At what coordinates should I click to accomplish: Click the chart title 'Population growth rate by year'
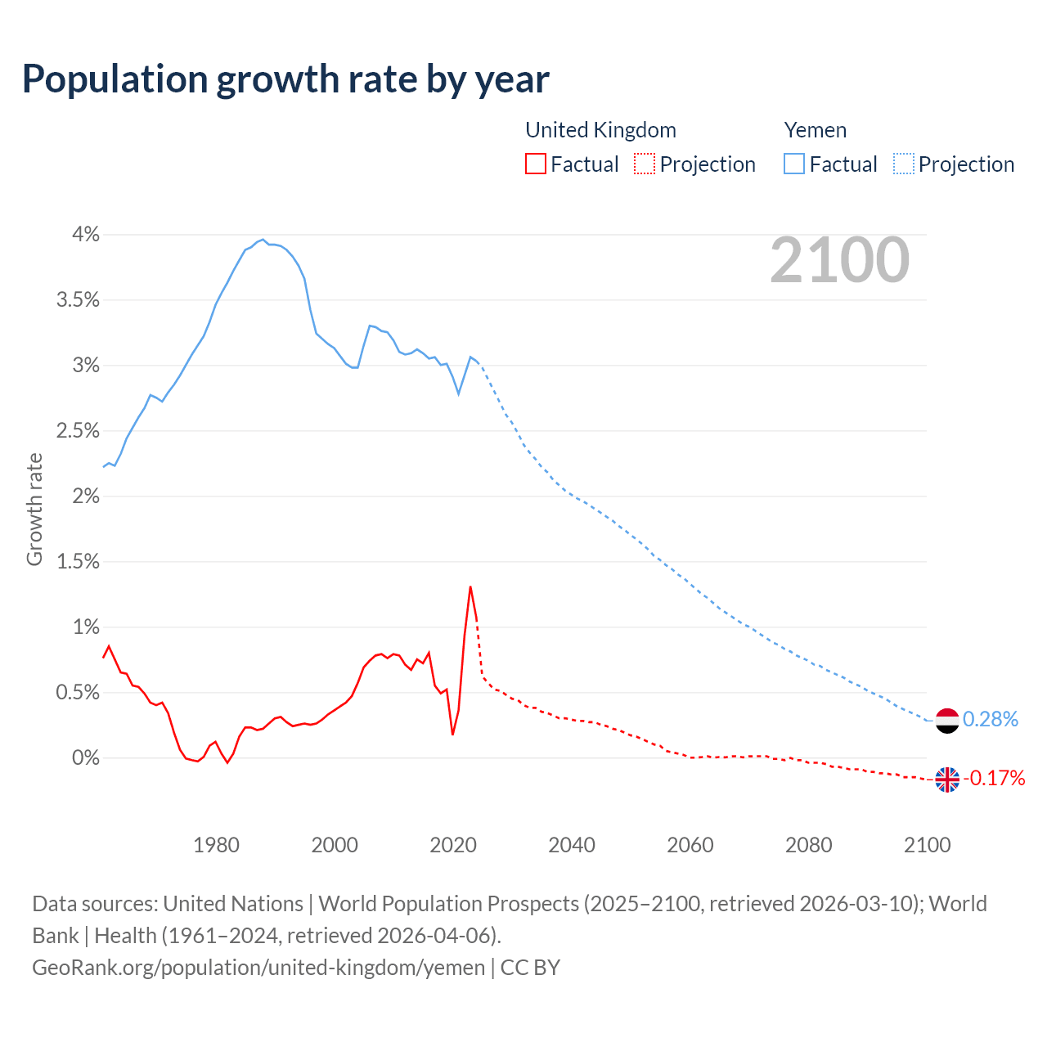tap(285, 79)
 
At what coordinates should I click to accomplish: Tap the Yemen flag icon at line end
tap(946, 720)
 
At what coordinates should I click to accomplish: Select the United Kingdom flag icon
tap(946, 779)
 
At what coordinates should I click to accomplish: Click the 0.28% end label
tap(991, 719)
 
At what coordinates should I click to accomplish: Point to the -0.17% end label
tap(994, 778)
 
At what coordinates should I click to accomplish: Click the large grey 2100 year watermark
tap(839, 260)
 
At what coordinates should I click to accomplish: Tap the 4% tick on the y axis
tap(85, 235)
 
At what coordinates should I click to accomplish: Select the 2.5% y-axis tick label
tap(78, 431)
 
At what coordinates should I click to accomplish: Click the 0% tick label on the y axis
tap(85, 758)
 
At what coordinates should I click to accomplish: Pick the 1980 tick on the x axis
tap(216, 845)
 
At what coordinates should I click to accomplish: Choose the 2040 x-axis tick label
tap(572, 845)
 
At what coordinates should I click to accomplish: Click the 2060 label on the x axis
tap(690, 845)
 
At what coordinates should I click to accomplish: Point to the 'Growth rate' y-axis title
tap(34, 509)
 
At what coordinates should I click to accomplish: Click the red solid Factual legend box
tap(535, 164)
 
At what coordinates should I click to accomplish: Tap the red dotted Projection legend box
tap(645, 164)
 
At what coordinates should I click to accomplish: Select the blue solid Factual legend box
tap(793, 164)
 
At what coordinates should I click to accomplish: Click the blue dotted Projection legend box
tap(903, 164)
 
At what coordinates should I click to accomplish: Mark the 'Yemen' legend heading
tap(815, 130)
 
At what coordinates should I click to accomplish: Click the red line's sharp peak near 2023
tap(470, 586)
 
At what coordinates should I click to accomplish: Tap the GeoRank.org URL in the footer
tap(258, 967)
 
